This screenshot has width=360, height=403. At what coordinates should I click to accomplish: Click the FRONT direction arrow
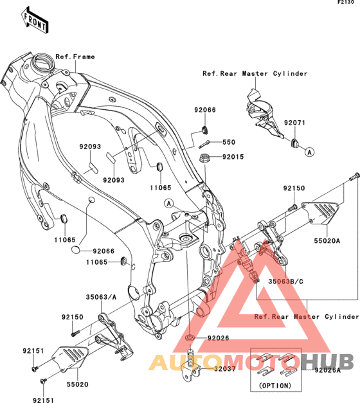pyautogui.click(x=35, y=21)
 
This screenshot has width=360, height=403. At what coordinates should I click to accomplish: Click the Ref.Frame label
pyautogui.click(x=75, y=57)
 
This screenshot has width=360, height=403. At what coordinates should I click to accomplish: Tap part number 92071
pyautogui.click(x=294, y=123)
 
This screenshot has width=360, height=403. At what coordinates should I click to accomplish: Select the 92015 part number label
pyautogui.click(x=233, y=157)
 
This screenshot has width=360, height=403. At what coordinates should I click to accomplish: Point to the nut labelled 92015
pyautogui.click(x=204, y=157)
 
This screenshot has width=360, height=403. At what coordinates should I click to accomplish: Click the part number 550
pyautogui.click(x=229, y=142)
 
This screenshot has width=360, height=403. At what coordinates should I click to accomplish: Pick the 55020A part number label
pyautogui.click(x=327, y=241)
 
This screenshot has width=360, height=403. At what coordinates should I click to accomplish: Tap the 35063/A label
pyautogui.click(x=101, y=297)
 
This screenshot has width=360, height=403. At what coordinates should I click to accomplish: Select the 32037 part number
pyautogui.click(x=225, y=369)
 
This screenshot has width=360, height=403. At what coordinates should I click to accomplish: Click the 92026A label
pyautogui.click(x=327, y=370)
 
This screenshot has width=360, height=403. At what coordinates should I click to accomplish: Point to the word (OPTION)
pyautogui.click(x=275, y=386)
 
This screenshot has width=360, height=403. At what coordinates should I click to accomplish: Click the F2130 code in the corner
pyautogui.click(x=346, y=2)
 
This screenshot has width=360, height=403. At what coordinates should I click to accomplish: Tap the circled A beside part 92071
pyautogui.click(x=310, y=152)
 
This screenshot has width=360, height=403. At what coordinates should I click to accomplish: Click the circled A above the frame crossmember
pyautogui.click(x=169, y=204)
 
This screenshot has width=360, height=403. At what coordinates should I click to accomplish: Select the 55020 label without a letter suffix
pyautogui.click(x=77, y=384)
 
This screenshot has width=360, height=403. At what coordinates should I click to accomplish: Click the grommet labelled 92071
pyautogui.click(x=294, y=143)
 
